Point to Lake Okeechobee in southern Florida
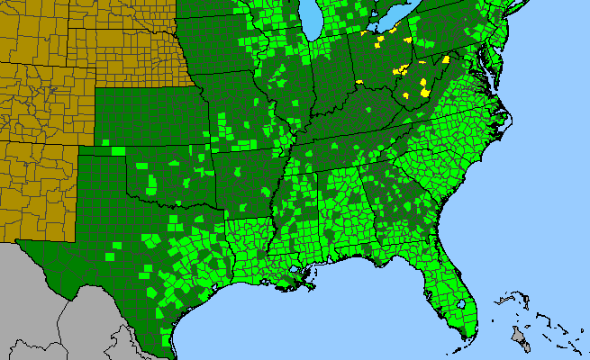[x=461, y=305]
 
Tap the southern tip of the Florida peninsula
[x=464, y=337]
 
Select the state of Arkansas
[x=243, y=180]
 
